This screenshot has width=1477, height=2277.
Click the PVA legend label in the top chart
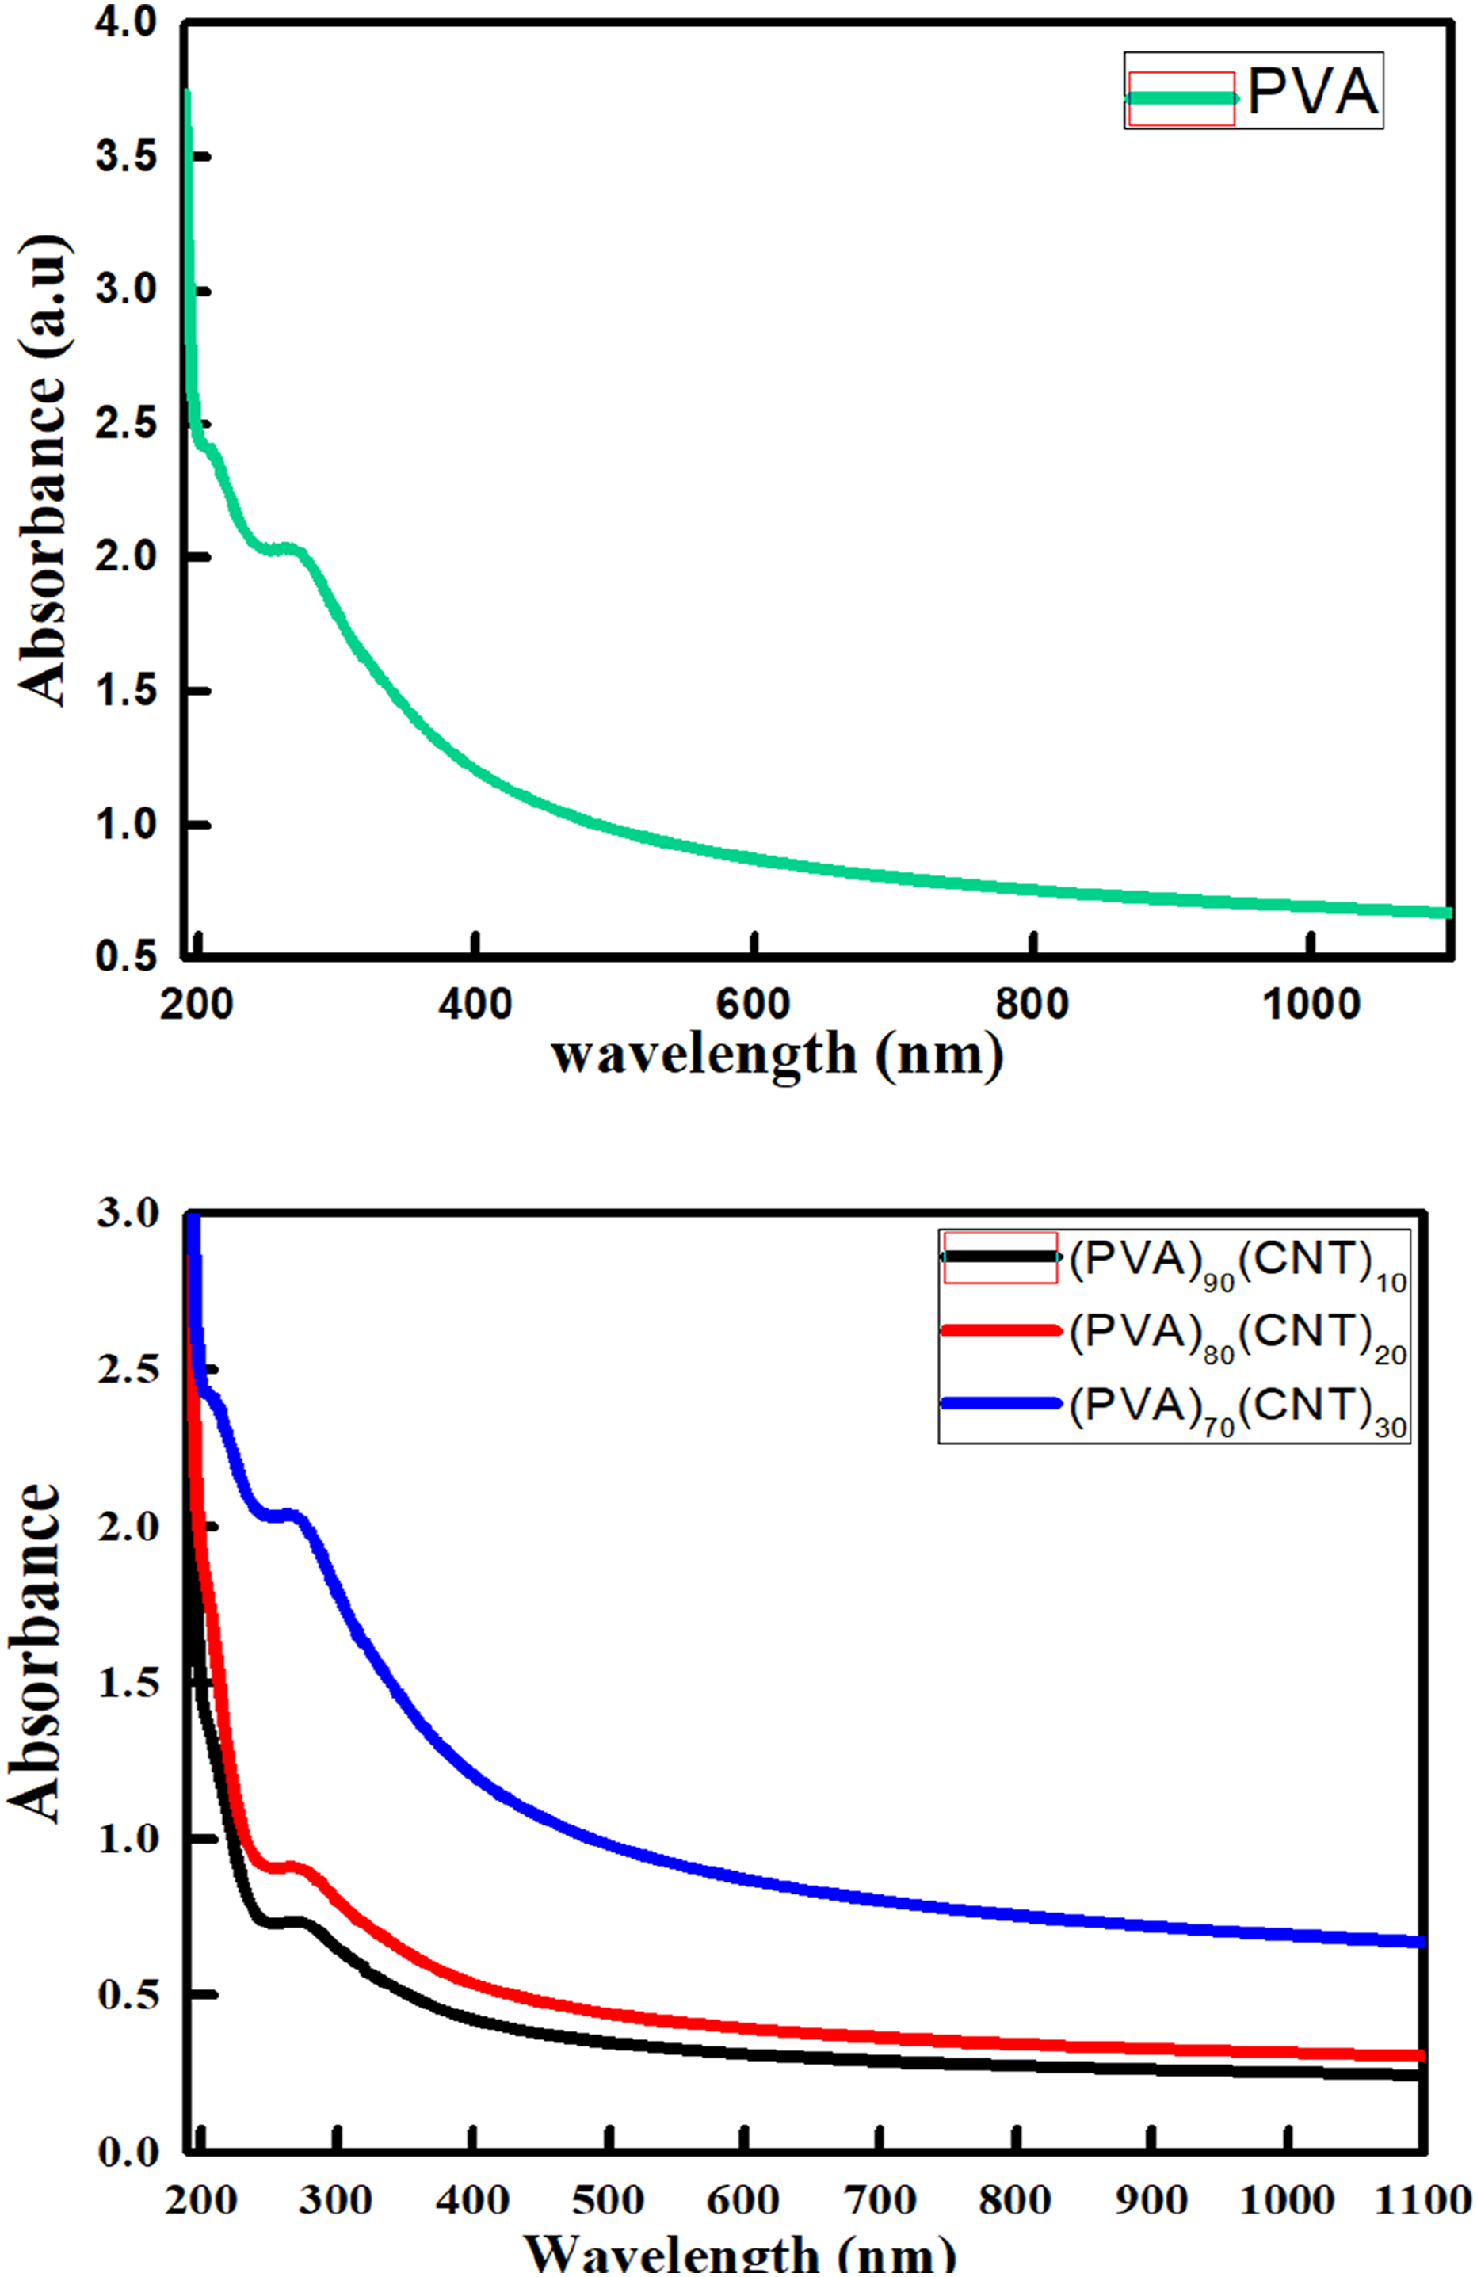[x=1311, y=93]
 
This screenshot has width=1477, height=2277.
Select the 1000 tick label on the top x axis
[x=1311, y=1005]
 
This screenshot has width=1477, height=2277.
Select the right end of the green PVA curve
[x=1450, y=913]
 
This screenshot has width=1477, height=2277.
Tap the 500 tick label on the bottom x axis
[x=609, y=2200]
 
